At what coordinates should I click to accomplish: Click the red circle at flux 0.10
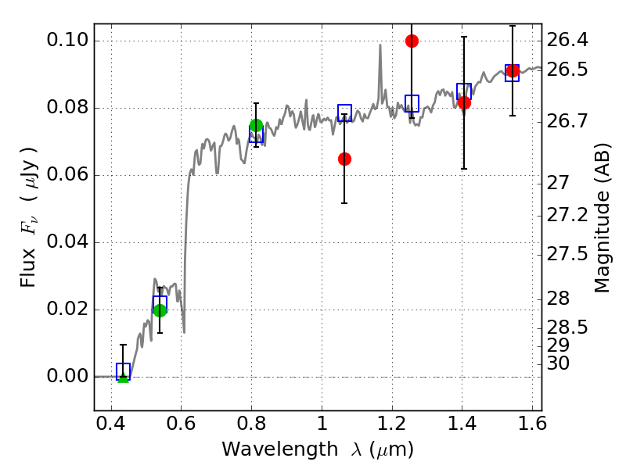coord(412,41)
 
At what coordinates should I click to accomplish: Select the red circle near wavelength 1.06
coord(344,159)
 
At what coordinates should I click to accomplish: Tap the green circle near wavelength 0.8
coord(256,125)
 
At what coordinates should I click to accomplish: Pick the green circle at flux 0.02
coord(160,310)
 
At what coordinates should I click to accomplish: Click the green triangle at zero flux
coord(124,378)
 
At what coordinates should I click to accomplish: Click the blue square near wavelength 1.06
coord(344,113)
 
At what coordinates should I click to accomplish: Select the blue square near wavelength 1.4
coord(464,91)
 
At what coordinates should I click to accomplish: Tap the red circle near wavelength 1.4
coord(464,102)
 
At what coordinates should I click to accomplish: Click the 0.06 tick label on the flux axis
coord(67,174)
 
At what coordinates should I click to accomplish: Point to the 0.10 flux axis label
coord(67,40)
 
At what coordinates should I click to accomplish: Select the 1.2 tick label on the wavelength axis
coord(392,424)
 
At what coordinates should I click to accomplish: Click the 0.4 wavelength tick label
coord(111,424)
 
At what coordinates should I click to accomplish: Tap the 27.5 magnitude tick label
coord(567,254)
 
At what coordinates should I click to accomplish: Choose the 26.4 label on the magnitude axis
coord(567,40)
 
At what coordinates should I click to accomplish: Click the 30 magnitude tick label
coord(558,363)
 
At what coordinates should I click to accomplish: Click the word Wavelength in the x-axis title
coord(280,450)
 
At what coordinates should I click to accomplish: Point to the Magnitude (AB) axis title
coord(602,218)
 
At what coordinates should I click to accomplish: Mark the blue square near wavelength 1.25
coord(412,104)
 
